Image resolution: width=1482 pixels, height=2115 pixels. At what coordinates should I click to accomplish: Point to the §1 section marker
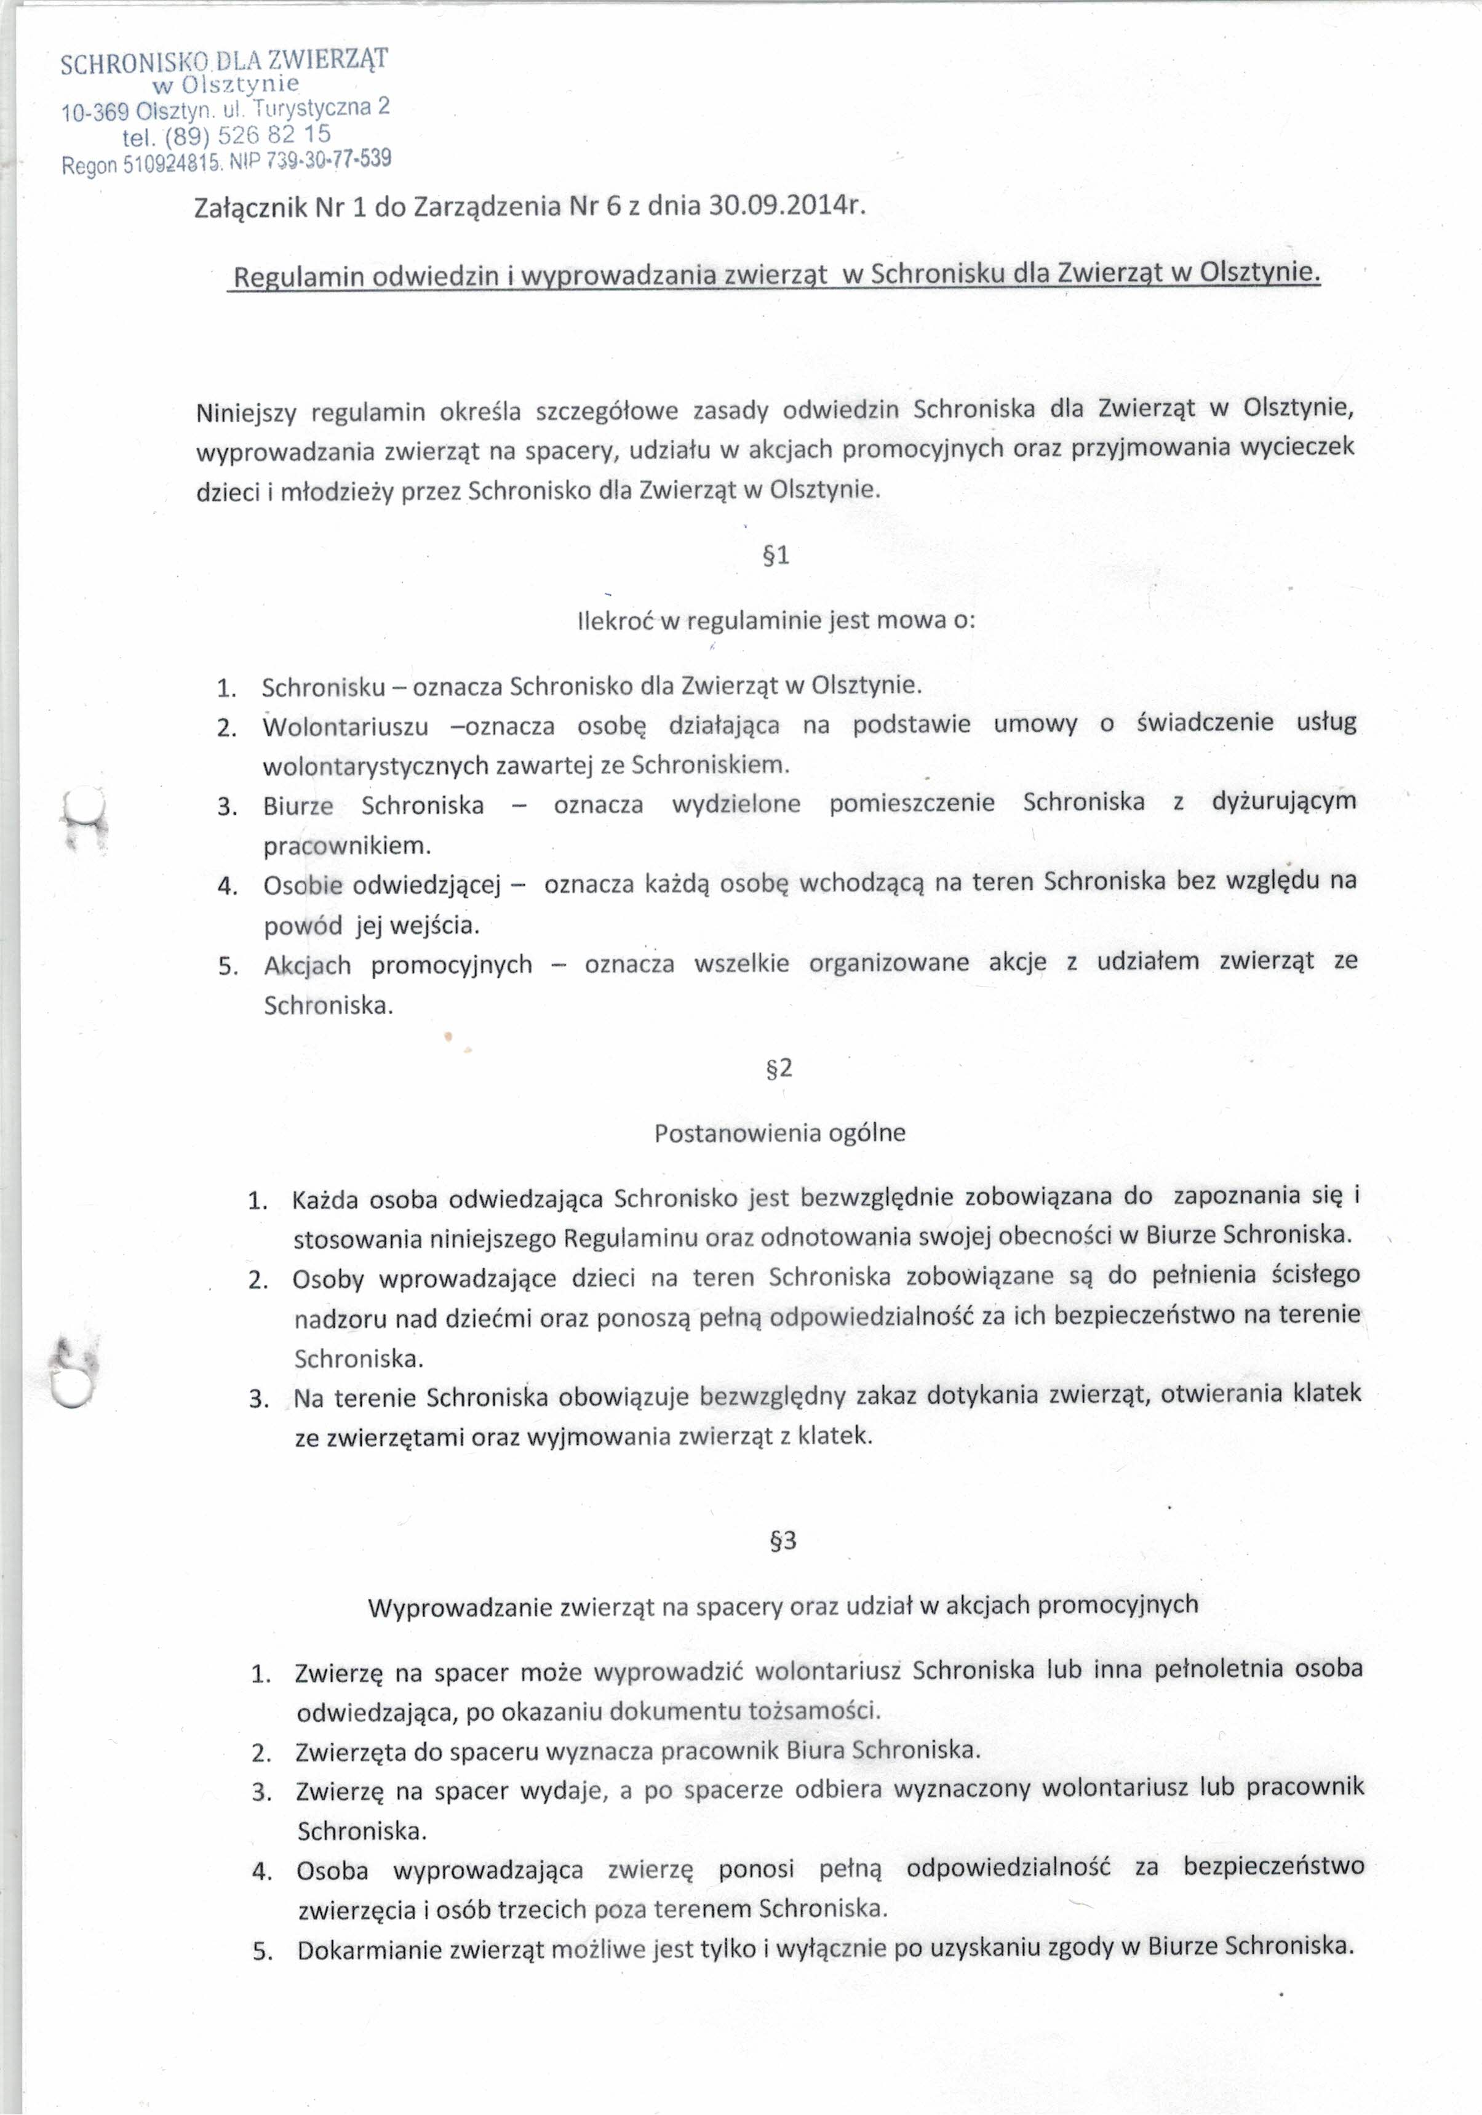click(776, 556)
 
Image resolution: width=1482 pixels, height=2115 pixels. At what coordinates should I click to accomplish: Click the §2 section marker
click(779, 1068)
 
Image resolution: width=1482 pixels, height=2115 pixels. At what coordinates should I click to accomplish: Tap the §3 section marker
click(782, 1540)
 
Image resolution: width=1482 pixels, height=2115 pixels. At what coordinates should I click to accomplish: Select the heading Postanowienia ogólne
click(779, 1133)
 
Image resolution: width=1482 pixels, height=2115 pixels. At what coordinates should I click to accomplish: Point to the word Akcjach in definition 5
click(308, 966)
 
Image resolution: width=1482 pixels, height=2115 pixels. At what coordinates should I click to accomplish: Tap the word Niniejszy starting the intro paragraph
click(247, 413)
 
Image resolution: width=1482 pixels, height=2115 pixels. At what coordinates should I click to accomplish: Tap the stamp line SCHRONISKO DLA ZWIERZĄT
click(224, 62)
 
